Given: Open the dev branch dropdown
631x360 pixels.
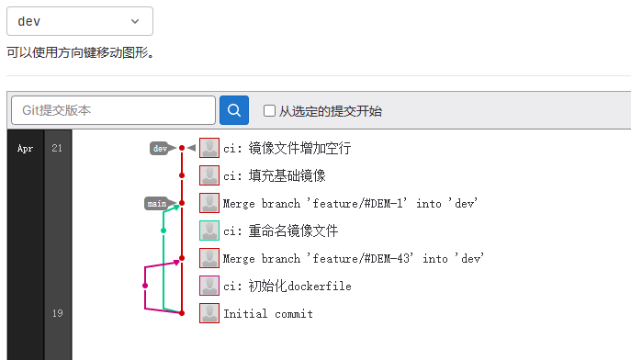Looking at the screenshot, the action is pos(79,21).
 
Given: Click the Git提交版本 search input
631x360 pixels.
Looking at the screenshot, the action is pos(113,110).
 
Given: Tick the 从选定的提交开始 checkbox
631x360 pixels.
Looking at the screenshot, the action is pos(269,111).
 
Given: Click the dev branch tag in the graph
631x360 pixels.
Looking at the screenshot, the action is pos(161,148).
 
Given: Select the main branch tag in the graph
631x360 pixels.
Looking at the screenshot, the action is pos(157,203).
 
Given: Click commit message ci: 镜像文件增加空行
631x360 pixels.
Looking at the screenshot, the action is pos(287,148).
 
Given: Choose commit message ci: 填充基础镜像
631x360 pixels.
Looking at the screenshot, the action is pos(274,175).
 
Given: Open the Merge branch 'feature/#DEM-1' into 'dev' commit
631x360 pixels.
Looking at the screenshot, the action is pos(351,203).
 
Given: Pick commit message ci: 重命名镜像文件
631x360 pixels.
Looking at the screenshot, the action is pos(280,231).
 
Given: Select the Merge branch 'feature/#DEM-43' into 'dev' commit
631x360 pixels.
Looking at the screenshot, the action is pos(354,258).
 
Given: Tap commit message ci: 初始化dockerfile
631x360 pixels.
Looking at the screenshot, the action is pos(287,286).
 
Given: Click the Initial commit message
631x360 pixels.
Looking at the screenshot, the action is pos(268,313).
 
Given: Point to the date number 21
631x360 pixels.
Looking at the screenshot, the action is pos(58,148).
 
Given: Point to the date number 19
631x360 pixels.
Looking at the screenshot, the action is pos(58,313).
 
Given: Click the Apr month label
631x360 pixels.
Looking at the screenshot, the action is pos(25,148).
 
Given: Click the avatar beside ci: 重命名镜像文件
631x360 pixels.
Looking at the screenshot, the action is pos(209,231).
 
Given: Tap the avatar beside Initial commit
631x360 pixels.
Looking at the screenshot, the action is pos(209,313).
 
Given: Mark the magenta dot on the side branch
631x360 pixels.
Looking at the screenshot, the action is pos(145,286).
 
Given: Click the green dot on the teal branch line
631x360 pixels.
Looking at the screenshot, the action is pos(163,230).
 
